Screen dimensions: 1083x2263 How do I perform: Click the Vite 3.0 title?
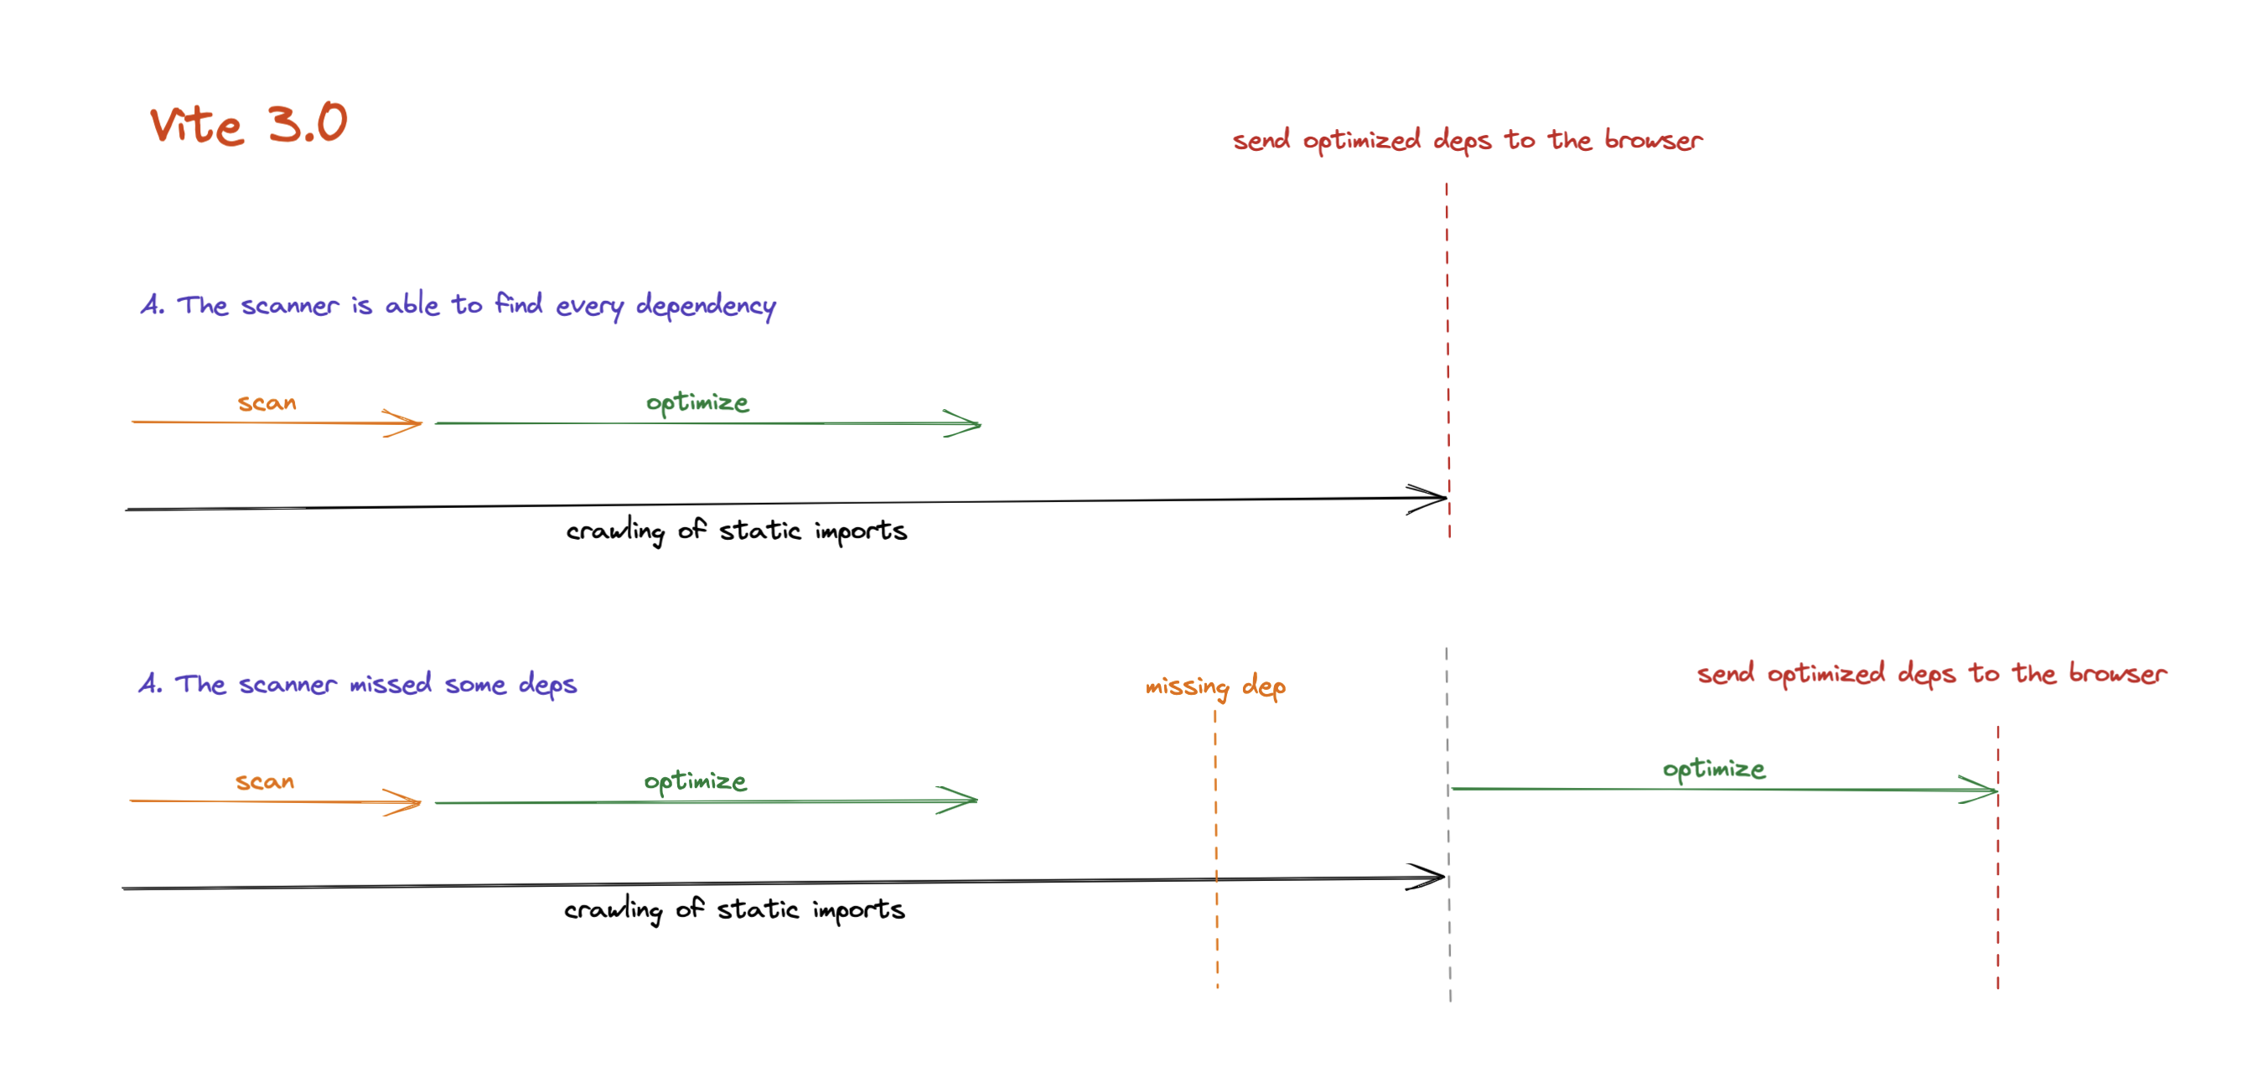[x=249, y=123]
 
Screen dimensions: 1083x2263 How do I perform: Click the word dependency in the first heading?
[x=706, y=305]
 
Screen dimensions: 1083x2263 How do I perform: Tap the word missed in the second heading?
[x=390, y=683]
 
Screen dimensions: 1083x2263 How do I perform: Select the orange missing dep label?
[x=1215, y=686]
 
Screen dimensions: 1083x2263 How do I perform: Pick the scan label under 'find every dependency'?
[x=267, y=403]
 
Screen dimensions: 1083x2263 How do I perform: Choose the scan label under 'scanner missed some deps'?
[x=264, y=782]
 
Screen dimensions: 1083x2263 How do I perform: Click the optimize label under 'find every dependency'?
[x=697, y=402]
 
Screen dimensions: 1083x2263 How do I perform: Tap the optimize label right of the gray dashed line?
[x=1713, y=769]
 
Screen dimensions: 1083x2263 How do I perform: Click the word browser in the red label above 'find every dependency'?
[x=1654, y=141]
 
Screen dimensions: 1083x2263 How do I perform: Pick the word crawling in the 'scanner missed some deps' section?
[x=614, y=910]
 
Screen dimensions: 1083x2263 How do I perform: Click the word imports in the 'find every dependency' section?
[x=860, y=531]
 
